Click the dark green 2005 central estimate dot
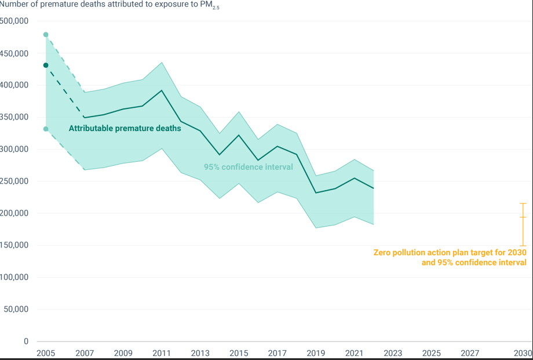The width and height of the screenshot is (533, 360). tap(46, 66)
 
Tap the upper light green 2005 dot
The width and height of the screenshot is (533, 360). tap(46, 35)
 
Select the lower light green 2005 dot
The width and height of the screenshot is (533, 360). tap(46, 129)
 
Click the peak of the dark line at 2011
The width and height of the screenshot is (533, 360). tap(162, 90)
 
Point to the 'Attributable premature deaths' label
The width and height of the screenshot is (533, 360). tap(125, 129)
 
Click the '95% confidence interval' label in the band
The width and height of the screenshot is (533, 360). tap(248, 167)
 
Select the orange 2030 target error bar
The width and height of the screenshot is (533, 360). tap(523, 224)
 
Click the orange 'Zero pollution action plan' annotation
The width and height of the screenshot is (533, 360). tap(450, 257)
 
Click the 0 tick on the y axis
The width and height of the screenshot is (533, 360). tap(25, 341)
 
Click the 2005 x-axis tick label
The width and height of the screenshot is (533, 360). tap(46, 353)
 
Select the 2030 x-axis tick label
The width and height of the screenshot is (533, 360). tap(523, 353)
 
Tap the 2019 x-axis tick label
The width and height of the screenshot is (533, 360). tap(316, 353)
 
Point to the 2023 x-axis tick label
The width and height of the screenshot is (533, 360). tap(393, 353)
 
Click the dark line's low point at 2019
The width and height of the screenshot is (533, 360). tap(316, 193)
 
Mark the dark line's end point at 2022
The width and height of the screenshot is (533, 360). tap(374, 188)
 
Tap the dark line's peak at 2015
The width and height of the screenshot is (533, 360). tap(239, 135)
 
